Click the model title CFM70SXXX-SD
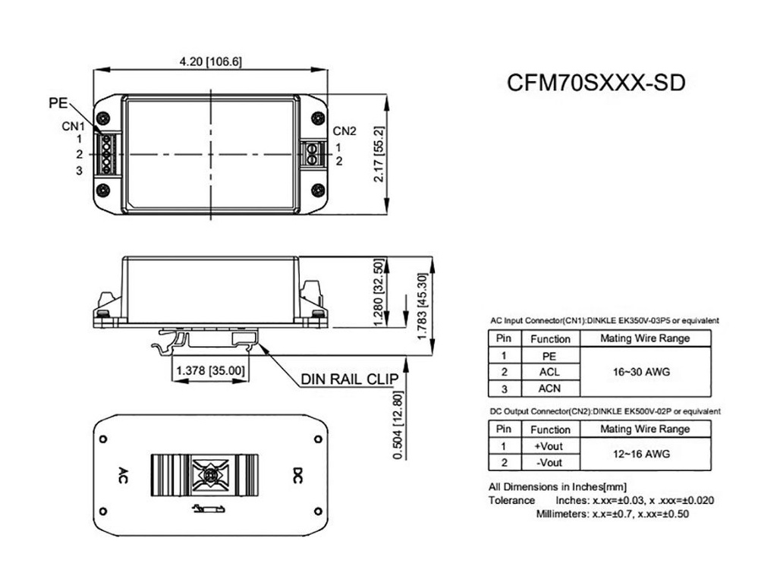tap(596, 83)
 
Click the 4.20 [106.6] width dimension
tap(211, 61)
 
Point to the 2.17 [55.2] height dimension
tap(379, 154)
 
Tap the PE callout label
tap(58, 103)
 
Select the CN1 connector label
tap(74, 126)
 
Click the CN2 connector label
tap(344, 131)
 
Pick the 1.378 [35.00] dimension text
tap(211, 370)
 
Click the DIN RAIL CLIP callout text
tap(350, 379)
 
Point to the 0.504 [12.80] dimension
tap(398, 425)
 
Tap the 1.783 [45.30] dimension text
tap(422, 306)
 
